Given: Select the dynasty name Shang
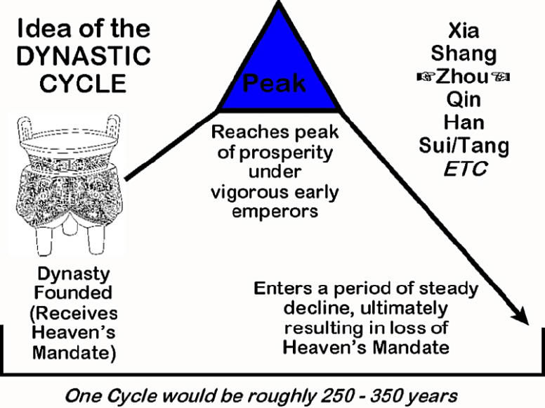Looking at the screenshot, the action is (x=464, y=53).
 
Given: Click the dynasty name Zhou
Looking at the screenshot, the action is (x=464, y=76).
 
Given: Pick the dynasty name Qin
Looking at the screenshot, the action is (x=464, y=98).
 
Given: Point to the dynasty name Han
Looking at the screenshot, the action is (x=464, y=122).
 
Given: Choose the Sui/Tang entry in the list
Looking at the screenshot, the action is (x=464, y=146).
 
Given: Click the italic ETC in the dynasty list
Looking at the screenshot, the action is (x=464, y=169).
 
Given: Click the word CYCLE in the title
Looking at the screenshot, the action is (x=83, y=83).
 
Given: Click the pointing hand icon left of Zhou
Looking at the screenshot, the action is (x=425, y=76).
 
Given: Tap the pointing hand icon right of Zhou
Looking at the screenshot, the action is (x=502, y=76).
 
